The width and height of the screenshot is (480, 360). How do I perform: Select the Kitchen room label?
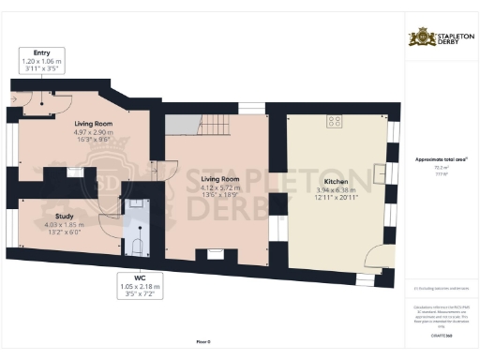pyautogui.click(x=336, y=182)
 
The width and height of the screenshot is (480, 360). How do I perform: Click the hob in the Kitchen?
pyautogui.click(x=333, y=121)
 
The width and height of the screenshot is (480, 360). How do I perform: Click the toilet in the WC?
pyautogui.click(x=137, y=246)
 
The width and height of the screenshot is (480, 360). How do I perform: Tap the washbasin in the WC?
pyautogui.click(x=137, y=202)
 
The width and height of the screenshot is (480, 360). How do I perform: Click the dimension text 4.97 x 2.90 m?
pyautogui.click(x=93, y=132)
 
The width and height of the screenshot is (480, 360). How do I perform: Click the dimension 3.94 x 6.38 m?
pyautogui.click(x=336, y=190)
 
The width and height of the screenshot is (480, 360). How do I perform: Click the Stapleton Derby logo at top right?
pyautogui.click(x=440, y=38)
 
